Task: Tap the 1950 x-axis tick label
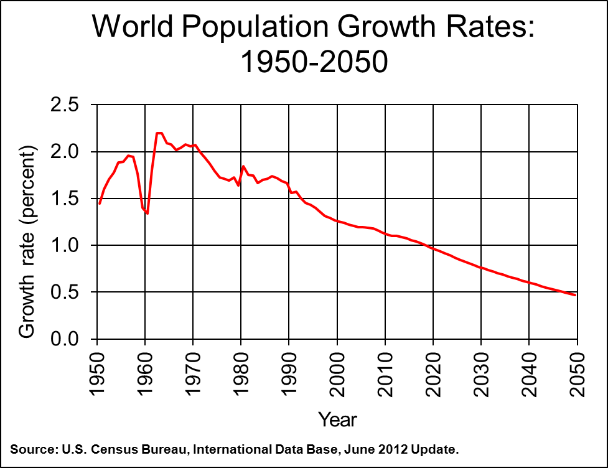(x=97, y=373)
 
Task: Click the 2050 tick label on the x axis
(x=578, y=373)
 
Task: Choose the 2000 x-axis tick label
(x=337, y=373)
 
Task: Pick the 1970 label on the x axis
(x=193, y=373)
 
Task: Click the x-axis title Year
(x=337, y=419)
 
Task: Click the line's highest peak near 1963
(x=159, y=133)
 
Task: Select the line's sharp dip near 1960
(x=147, y=213)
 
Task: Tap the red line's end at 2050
(x=576, y=295)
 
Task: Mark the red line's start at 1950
(x=100, y=203)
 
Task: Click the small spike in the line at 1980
(x=243, y=166)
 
